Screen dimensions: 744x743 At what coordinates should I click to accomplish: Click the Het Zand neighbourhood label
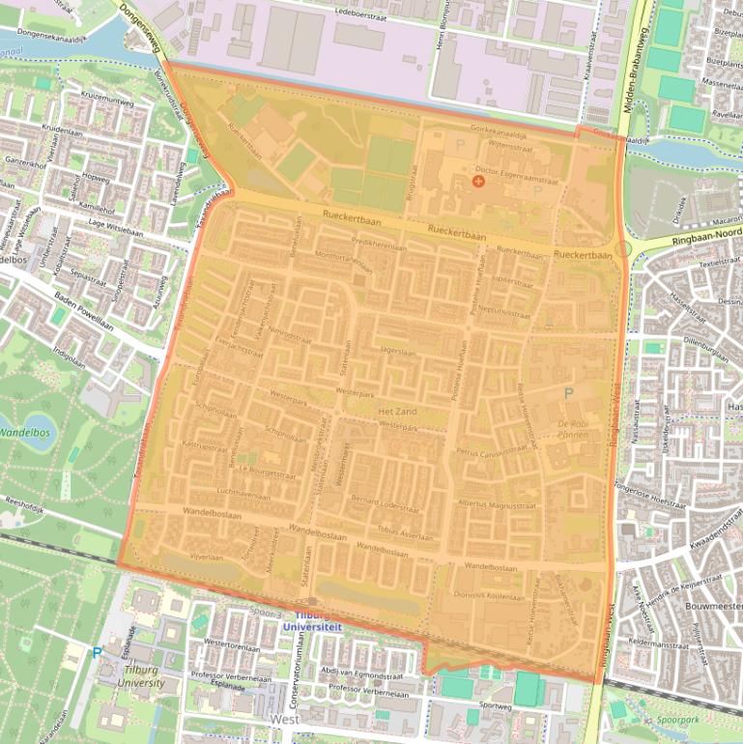coord(397,412)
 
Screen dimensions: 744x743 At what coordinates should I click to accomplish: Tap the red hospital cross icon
coord(477,181)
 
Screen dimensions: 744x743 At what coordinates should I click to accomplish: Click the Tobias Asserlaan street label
coord(404,533)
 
